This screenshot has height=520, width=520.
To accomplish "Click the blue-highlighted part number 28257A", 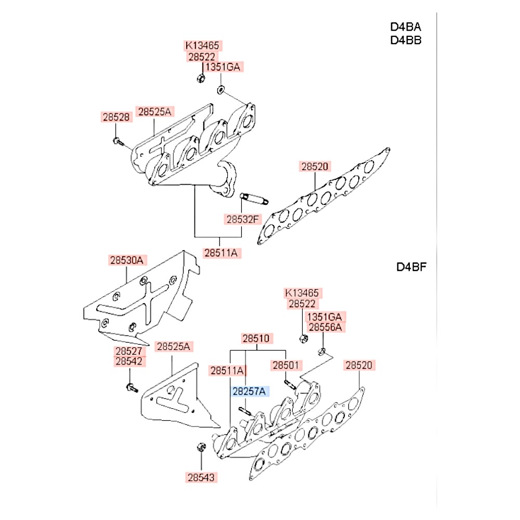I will pyautogui.click(x=248, y=391).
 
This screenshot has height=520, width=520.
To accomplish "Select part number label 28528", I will pyautogui.click(x=116, y=118).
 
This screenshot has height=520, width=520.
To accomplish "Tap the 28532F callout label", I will pyautogui.click(x=242, y=219).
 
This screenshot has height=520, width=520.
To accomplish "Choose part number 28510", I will pyautogui.click(x=255, y=338).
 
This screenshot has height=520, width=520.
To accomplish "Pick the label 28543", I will pyautogui.click(x=201, y=476).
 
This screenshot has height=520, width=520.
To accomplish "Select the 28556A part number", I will pyautogui.click(x=325, y=327).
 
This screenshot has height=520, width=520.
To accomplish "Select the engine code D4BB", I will pyautogui.click(x=406, y=40).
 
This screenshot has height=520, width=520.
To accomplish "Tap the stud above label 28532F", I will pyautogui.click(x=253, y=199).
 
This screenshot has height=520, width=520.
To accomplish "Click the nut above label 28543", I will pyautogui.click(x=201, y=448).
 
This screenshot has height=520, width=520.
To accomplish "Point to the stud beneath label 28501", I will pyautogui.click(x=289, y=385).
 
